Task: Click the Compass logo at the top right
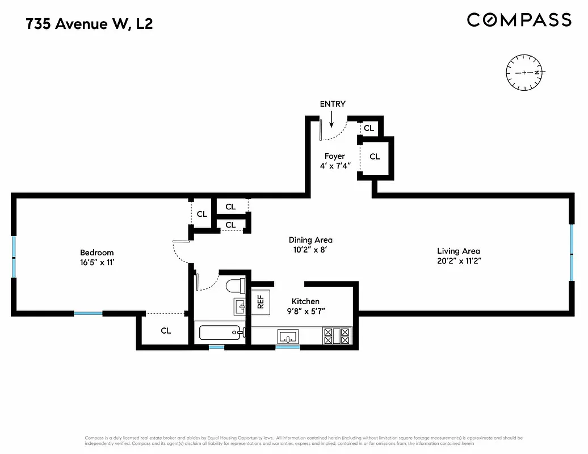(x=519, y=20)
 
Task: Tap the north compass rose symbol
(x=525, y=73)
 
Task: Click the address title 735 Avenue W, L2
(x=90, y=24)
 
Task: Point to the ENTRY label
(x=333, y=104)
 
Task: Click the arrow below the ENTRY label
(x=332, y=118)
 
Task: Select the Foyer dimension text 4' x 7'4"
(x=334, y=166)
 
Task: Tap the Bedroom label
(x=96, y=253)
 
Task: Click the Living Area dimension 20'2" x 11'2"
(x=458, y=261)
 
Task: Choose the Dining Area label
(x=310, y=240)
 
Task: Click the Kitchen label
(x=305, y=301)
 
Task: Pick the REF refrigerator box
(x=261, y=301)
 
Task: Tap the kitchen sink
(x=288, y=337)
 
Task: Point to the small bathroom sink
(x=240, y=307)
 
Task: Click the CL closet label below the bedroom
(x=166, y=331)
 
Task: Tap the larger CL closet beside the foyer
(x=375, y=157)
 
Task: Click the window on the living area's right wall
(x=572, y=253)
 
